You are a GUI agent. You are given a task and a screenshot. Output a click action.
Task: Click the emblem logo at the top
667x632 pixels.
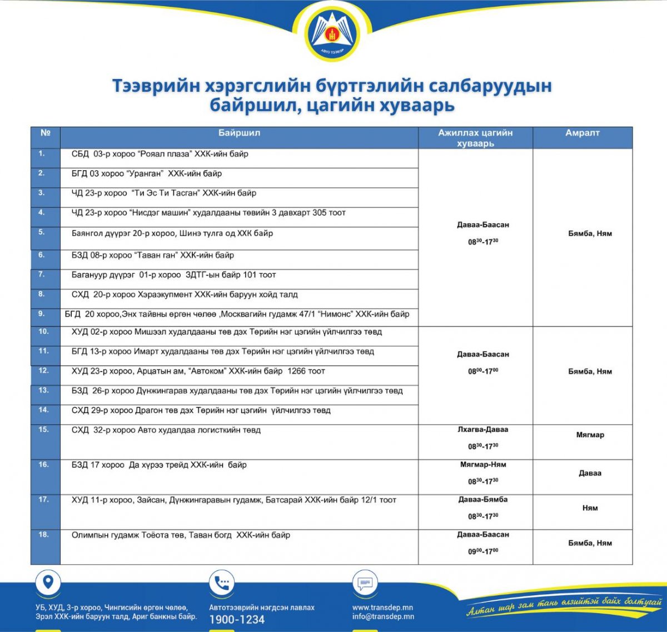click(x=333, y=34)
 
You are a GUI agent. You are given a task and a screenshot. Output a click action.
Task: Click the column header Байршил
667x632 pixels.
click(x=239, y=133)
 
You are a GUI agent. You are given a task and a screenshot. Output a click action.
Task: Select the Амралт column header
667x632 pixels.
click(x=582, y=133)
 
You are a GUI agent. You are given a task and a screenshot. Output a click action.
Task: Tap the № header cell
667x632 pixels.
click(x=46, y=133)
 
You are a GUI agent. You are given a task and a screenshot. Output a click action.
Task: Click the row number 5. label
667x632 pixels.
click(x=42, y=232)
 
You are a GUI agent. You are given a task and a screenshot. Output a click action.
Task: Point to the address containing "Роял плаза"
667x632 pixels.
click(x=160, y=154)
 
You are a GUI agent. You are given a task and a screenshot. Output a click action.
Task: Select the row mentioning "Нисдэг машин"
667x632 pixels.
click(x=208, y=213)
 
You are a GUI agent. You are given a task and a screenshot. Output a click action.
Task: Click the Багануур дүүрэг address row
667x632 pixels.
click(x=173, y=275)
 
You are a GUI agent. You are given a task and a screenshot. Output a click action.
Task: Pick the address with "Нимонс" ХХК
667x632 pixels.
click(x=237, y=314)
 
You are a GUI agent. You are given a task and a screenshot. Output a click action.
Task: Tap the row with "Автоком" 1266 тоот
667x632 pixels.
click(x=198, y=371)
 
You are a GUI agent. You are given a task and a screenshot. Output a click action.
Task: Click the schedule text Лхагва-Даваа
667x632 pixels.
click(x=483, y=429)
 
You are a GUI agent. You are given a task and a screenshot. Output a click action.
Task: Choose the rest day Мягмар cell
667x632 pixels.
click(x=590, y=435)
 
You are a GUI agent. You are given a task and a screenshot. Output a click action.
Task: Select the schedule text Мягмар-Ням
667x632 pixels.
click(x=483, y=465)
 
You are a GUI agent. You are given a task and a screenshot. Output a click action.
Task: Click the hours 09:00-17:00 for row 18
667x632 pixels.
click(x=483, y=551)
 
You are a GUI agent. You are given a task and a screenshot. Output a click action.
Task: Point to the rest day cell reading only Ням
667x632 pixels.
click(x=590, y=508)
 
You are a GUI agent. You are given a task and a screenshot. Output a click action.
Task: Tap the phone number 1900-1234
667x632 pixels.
click(x=237, y=620)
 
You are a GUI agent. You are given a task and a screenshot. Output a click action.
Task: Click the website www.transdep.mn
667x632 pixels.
click(x=382, y=608)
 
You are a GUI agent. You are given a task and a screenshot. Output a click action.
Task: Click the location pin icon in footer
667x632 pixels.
click(x=48, y=582)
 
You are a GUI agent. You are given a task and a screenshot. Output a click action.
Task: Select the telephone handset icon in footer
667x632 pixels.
click(x=222, y=583)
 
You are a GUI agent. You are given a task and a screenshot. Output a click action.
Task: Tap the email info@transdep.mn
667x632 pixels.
click(x=383, y=616)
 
